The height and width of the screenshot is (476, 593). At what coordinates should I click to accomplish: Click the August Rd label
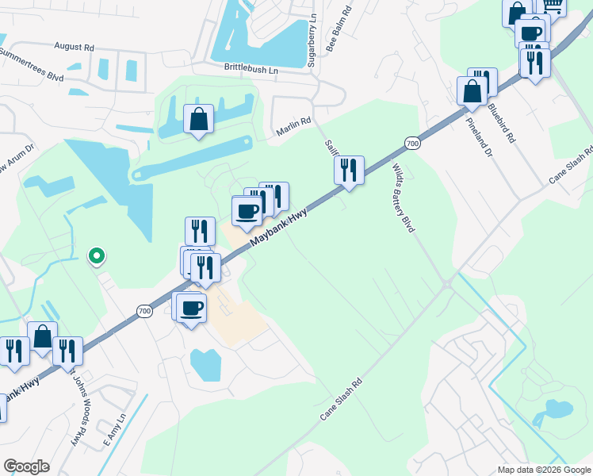[74, 47]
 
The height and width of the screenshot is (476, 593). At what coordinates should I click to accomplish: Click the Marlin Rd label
[293, 127]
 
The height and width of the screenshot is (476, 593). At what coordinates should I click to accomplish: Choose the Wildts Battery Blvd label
[404, 198]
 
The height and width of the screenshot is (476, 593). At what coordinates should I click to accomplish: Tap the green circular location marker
[96, 255]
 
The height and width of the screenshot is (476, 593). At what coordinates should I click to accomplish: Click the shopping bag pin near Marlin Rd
[198, 120]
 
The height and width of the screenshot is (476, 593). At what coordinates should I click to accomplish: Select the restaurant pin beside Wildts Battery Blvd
[349, 170]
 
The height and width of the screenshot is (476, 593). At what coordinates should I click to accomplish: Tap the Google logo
[26, 466]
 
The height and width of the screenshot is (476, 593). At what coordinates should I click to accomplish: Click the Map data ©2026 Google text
[544, 470]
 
